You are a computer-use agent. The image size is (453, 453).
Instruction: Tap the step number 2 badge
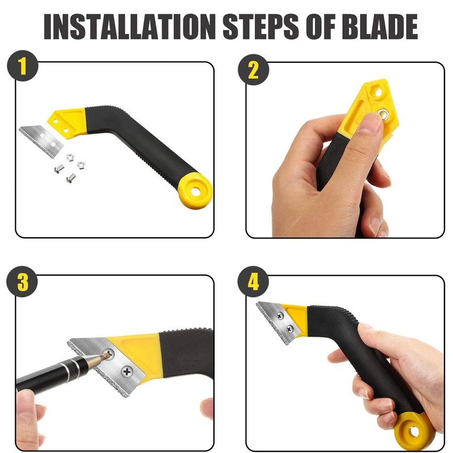tap(253, 69)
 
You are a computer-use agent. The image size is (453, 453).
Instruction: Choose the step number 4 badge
tap(253, 282)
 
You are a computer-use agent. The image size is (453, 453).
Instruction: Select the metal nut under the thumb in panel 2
tap(384, 115)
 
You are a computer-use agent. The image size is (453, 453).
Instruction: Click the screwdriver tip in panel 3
tap(105, 356)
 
